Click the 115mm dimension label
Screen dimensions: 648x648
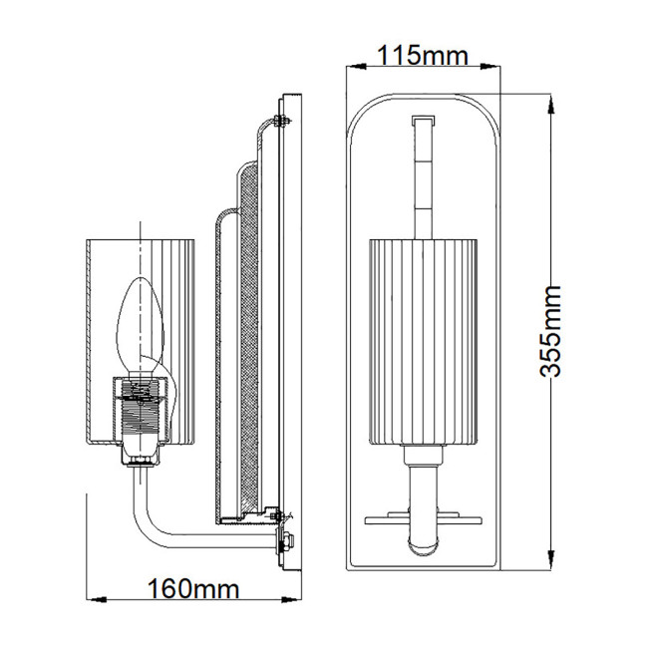422,56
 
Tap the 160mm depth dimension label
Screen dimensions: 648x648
193,587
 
